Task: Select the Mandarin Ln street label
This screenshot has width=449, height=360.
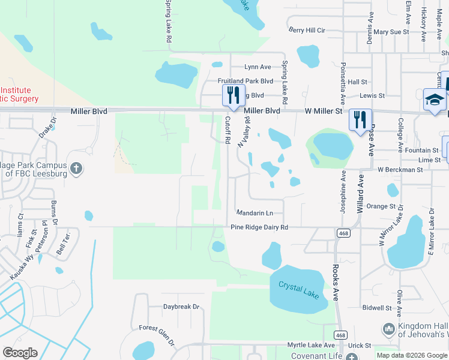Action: tap(255, 213)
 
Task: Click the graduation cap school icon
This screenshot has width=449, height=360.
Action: tap(435, 100)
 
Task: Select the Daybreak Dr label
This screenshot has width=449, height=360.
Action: tap(181, 307)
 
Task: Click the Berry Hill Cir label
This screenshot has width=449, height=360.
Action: tap(306, 29)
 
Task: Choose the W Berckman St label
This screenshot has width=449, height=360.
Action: tap(400, 170)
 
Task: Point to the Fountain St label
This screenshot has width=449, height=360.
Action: tap(421, 150)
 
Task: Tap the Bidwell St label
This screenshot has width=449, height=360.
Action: tap(377, 308)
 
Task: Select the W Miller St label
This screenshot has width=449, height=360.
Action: tap(323, 111)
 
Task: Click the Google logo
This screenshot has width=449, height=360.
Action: tap(20, 353)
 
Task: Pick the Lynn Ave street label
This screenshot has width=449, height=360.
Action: tap(258, 67)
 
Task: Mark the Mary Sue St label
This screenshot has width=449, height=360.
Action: tap(391, 31)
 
